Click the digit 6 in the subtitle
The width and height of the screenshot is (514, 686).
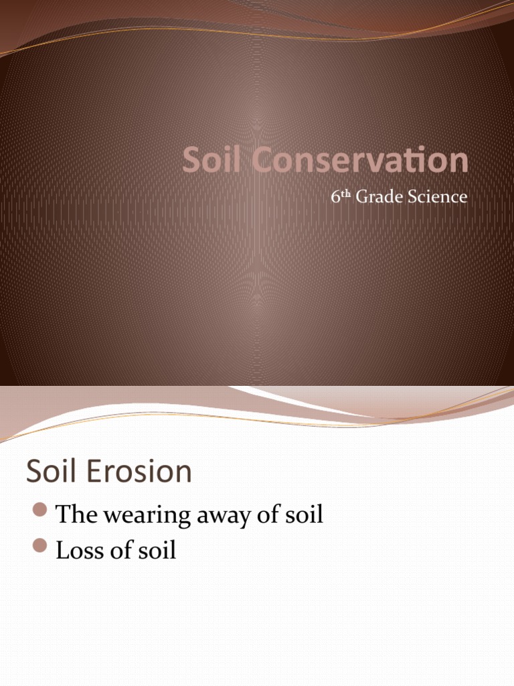[x=335, y=198]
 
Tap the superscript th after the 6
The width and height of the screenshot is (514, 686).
[x=345, y=194]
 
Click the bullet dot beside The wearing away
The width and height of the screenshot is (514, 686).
[x=40, y=512]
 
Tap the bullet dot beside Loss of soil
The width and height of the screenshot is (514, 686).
[x=40, y=548]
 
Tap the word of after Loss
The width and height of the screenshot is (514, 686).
[x=115, y=550]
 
